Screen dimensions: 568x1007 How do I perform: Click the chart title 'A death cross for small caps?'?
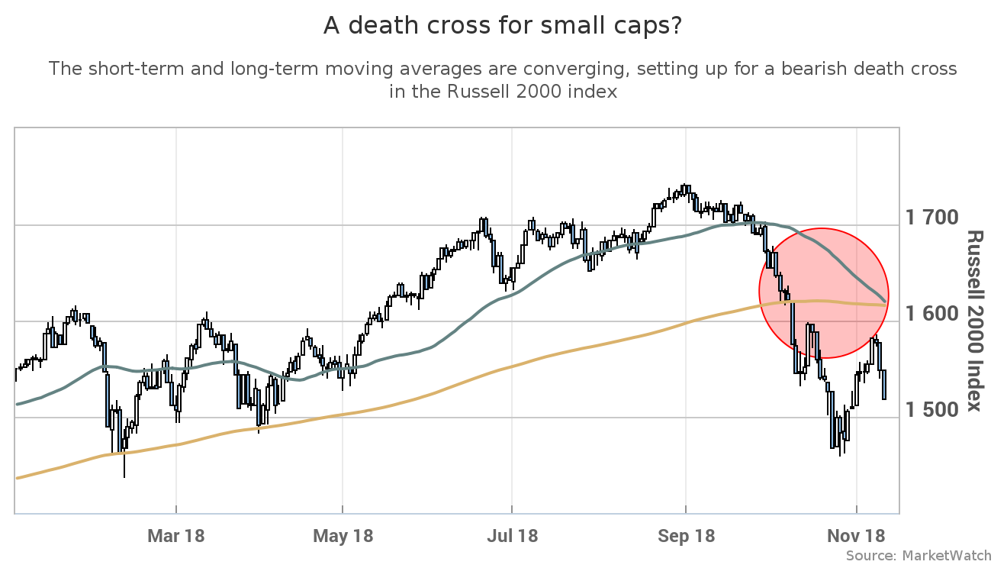click(503, 26)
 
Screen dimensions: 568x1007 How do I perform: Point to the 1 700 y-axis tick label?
click(931, 218)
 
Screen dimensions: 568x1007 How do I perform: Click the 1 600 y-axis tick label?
click(931, 315)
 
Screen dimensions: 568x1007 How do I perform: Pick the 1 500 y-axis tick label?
click(931, 411)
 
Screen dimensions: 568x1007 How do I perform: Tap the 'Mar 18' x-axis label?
click(176, 536)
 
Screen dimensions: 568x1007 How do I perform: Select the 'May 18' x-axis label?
click(343, 536)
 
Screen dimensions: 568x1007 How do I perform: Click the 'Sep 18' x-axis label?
click(686, 536)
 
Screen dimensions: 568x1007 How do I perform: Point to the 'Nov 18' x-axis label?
click(857, 536)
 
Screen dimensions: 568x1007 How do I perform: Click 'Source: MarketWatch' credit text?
click(919, 556)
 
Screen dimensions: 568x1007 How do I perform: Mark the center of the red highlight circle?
click(822, 293)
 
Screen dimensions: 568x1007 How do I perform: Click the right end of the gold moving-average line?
click(885, 305)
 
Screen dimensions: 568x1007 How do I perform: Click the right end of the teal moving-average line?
click(885, 299)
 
